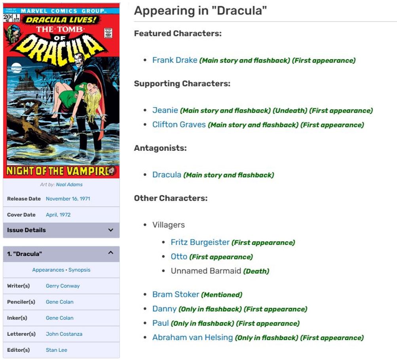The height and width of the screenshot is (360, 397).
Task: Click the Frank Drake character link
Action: click(x=175, y=60)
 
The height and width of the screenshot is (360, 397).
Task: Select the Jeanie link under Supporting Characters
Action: click(x=165, y=110)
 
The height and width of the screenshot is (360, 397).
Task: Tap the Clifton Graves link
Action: click(x=179, y=125)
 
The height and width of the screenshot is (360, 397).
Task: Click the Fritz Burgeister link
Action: click(x=200, y=242)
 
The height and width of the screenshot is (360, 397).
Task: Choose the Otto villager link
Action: click(x=179, y=257)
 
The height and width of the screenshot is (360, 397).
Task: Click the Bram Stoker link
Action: click(x=176, y=294)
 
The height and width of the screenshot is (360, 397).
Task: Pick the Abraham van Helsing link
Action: click(x=192, y=337)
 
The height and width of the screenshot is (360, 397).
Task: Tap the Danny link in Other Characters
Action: click(x=164, y=309)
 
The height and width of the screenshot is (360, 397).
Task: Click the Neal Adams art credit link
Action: click(x=69, y=185)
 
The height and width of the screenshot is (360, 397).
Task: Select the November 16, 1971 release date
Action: click(x=68, y=199)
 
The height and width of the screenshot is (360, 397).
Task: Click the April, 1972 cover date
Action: click(x=58, y=215)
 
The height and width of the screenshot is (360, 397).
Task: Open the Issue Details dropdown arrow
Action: click(x=111, y=230)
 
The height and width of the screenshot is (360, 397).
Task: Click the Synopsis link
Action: click(x=79, y=270)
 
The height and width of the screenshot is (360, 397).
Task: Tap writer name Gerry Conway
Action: click(x=63, y=286)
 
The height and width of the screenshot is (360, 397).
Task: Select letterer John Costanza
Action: click(x=64, y=334)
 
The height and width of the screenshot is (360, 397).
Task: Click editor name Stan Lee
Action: click(x=57, y=350)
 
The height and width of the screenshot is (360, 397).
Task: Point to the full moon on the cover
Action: click(x=16, y=67)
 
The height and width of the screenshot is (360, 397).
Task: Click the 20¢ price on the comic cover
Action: click(x=8, y=17)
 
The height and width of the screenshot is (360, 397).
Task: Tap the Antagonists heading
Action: click(x=160, y=148)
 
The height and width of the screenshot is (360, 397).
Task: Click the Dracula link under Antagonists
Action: click(x=167, y=175)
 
